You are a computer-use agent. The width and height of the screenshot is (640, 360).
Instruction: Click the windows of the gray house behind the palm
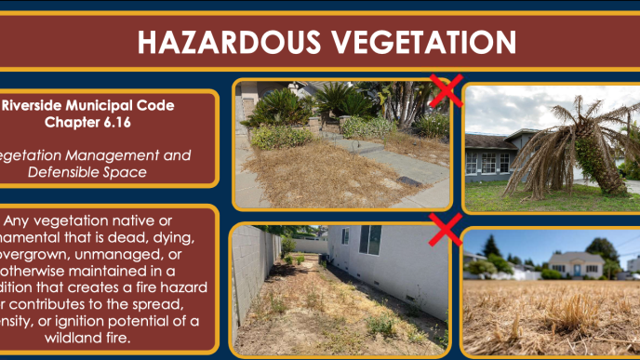pyautogui.click(x=492, y=162)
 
